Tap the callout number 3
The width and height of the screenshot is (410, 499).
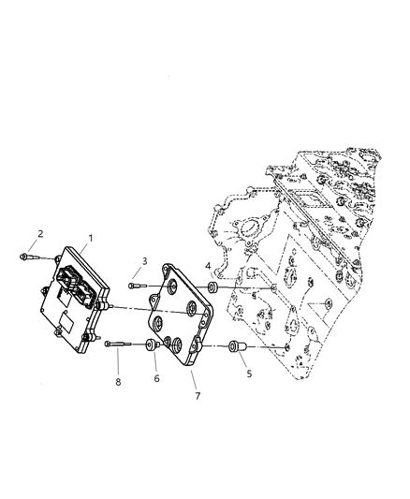tap(145, 260)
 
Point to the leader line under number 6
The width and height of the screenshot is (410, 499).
tap(154, 363)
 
